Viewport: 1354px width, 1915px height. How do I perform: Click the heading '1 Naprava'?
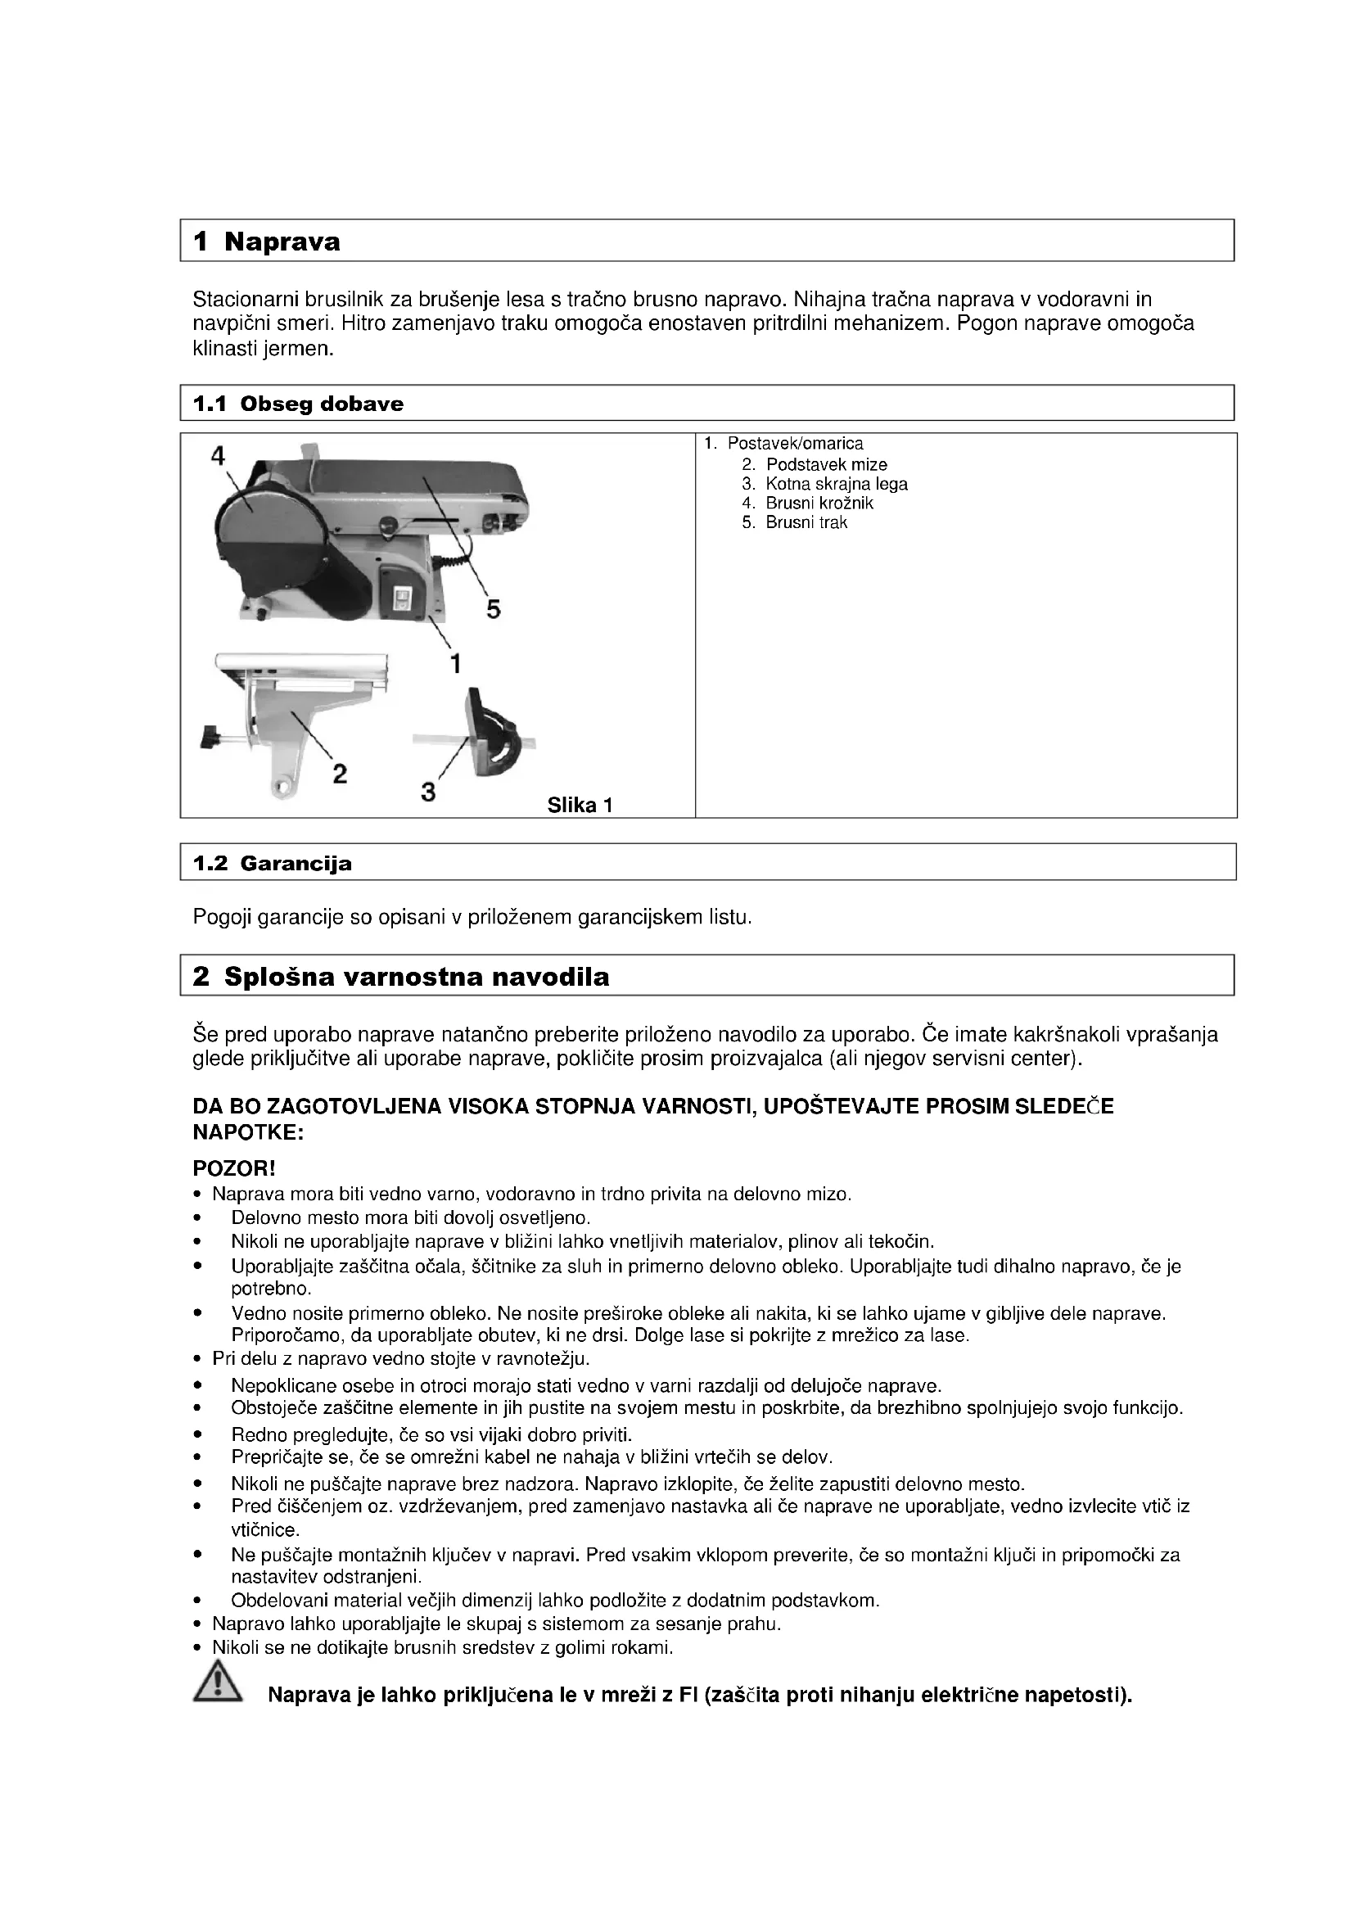266,242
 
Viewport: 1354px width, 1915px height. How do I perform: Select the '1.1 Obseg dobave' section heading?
298,404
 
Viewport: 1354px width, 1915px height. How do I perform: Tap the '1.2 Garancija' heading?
272,863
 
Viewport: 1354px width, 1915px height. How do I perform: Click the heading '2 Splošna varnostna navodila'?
400,977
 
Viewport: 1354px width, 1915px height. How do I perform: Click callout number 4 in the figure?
218,455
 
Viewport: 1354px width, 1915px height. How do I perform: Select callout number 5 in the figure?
494,611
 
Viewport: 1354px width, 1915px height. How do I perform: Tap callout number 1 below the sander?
455,664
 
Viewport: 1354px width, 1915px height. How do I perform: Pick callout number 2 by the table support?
340,774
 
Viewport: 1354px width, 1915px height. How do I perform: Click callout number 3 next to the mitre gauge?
427,791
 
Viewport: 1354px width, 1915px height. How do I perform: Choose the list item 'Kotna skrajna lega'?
837,484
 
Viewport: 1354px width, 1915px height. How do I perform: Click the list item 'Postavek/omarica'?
795,444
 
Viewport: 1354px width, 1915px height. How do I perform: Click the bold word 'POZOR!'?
233,1169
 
